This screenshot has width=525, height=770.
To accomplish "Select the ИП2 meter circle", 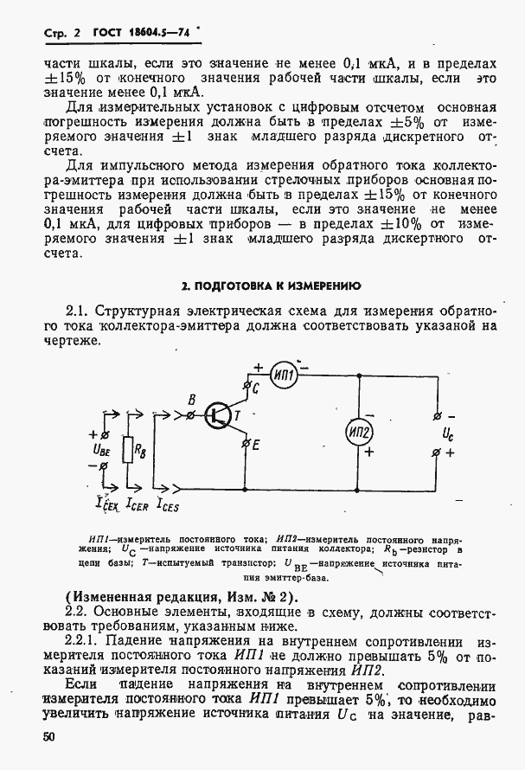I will (x=360, y=432).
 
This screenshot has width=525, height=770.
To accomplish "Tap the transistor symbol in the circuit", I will (x=217, y=416).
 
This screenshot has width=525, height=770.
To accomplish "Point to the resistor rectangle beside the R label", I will (x=127, y=451).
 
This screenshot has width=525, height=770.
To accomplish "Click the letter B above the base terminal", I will (x=192, y=399).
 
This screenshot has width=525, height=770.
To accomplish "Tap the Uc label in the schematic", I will (x=447, y=433).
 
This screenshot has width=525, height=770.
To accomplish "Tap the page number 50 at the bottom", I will (x=52, y=736).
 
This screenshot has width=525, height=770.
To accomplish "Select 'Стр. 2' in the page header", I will (x=61, y=33).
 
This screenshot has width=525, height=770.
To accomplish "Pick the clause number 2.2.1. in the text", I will (x=89, y=645).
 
